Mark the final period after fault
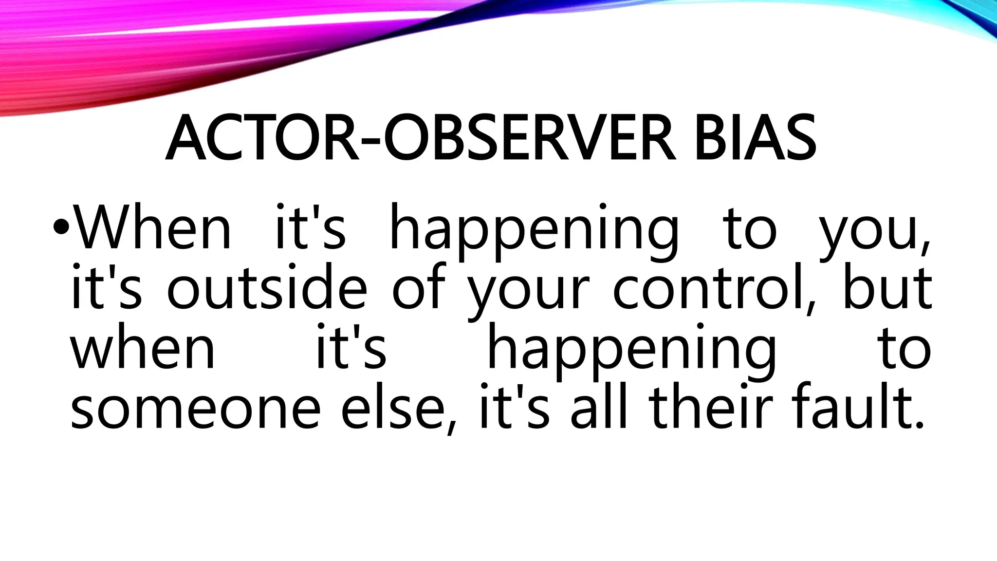pyautogui.click(x=918, y=426)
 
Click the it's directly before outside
pyautogui.click(x=107, y=287)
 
